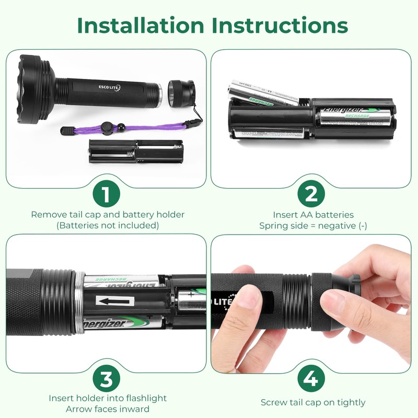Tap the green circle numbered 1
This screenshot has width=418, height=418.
[x=106, y=194]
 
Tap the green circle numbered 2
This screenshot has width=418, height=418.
[x=311, y=194]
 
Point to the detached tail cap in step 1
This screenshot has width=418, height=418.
[x=181, y=92]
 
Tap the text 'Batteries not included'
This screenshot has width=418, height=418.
[x=107, y=226]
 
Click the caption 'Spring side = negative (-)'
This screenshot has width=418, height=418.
[x=313, y=226]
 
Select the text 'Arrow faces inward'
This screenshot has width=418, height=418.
[x=107, y=409]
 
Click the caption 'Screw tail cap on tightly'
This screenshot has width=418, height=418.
[x=313, y=402]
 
